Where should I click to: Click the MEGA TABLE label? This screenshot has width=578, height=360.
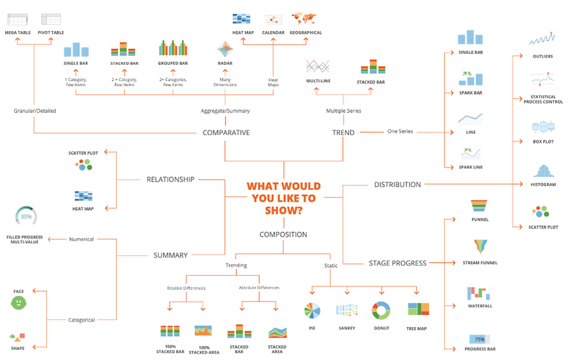point(18,33)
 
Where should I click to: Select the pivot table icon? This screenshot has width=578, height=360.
point(51,19)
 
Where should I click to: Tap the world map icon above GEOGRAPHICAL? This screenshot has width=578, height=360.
point(304,18)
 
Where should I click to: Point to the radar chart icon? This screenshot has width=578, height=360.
point(225,50)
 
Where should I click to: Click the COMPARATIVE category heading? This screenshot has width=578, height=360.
point(226,133)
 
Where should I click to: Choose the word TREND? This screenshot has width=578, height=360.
point(343,133)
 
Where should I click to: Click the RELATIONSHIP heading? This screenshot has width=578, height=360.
point(170,180)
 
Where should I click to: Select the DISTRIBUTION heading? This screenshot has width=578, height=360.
point(398,185)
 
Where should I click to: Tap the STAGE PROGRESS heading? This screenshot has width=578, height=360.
point(398,263)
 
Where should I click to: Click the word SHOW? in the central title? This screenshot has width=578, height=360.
point(284,210)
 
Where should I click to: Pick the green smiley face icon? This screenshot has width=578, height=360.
point(18,303)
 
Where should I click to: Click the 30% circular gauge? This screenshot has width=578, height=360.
point(26,217)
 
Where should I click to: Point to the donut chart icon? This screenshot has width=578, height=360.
point(381,310)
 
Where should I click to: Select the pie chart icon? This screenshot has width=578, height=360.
point(313,310)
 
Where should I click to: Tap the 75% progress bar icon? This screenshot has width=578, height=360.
point(480,339)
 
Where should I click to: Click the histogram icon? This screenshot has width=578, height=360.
point(543,171)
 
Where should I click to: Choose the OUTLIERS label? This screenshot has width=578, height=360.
point(542,57)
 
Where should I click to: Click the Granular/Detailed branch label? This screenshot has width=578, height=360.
point(35,111)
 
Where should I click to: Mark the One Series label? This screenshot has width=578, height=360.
point(400,131)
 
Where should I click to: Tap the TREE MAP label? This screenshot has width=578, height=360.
point(417,329)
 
